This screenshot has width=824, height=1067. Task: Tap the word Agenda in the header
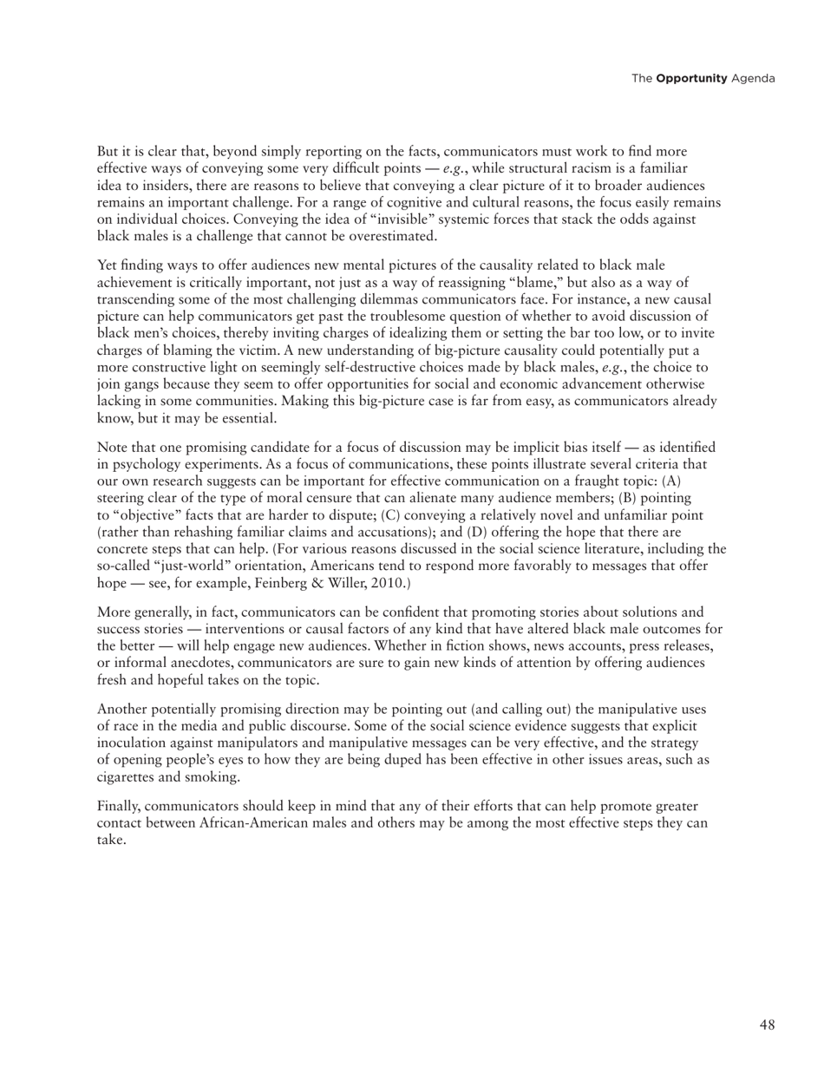753,79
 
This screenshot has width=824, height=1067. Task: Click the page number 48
767,1025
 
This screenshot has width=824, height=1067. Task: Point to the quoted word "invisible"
374,219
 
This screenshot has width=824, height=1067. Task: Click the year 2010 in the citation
381,583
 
